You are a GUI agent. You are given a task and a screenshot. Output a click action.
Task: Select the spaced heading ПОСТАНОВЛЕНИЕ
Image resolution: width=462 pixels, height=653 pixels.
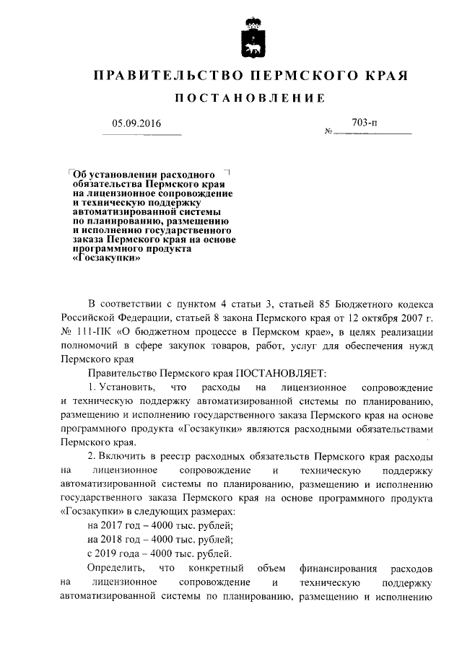(230, 98)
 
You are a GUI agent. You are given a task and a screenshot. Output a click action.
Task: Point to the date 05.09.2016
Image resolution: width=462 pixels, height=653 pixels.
(136, 123)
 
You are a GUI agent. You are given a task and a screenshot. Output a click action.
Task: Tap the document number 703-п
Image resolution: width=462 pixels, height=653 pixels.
(365, 123)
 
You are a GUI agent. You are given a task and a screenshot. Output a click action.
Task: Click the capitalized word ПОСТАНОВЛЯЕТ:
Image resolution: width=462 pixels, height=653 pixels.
(278, 372)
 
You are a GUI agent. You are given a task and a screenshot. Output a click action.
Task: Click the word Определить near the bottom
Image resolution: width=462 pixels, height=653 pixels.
(116, 568)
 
